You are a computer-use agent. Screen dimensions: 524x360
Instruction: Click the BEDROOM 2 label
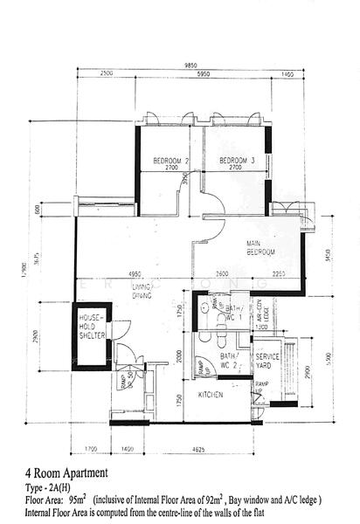171,161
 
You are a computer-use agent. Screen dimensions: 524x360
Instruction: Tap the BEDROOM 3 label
236,161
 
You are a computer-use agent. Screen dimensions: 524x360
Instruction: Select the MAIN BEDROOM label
260,248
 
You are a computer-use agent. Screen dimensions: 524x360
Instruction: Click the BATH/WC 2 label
230,361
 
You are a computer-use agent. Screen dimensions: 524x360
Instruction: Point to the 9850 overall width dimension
191,65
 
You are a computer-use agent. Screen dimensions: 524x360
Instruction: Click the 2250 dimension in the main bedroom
278,274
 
